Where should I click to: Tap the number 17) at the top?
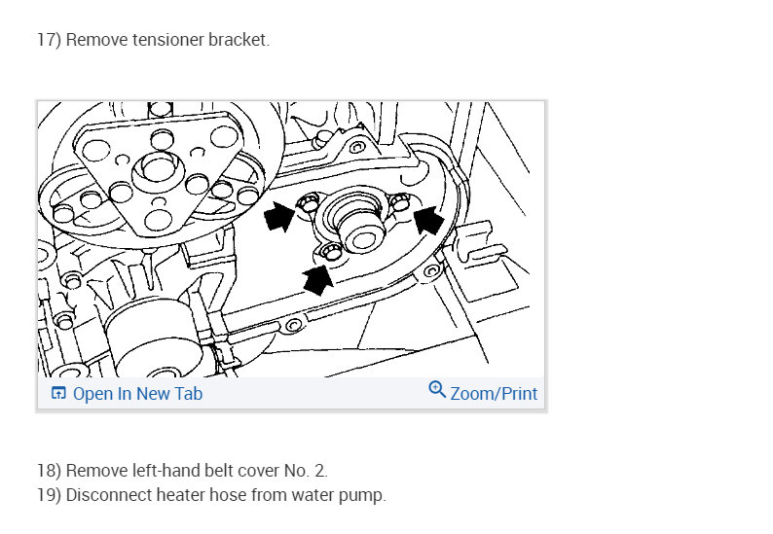click(49, 41)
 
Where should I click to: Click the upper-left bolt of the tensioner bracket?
click(308, 203)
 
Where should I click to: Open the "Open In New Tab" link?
click(137, 394)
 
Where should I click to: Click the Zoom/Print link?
click(494, 394)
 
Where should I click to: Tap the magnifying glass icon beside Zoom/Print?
click(437, 391)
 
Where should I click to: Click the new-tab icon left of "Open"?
click(58, 394)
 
